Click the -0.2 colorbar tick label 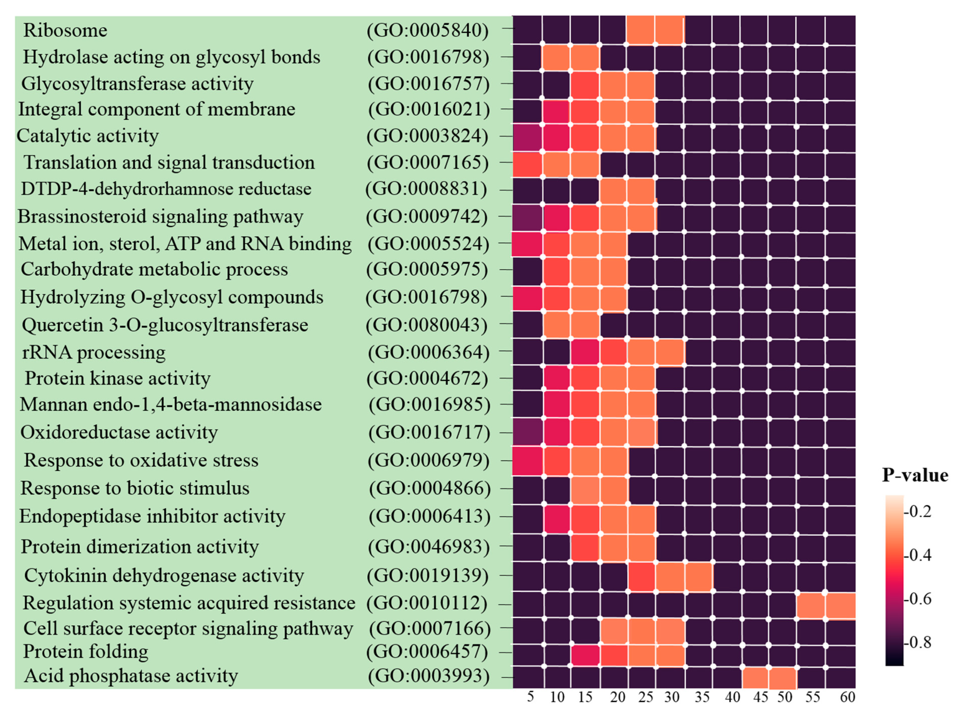click(919, 511)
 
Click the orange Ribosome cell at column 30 click(670, 30)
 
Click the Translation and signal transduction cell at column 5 click(527, 165)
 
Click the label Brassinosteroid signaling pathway click(160, 216)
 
